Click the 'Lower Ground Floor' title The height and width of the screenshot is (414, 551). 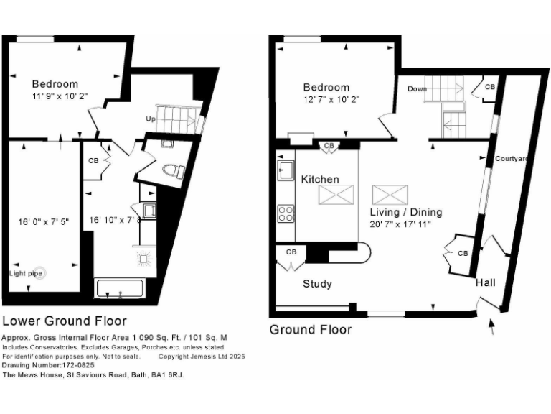tap(65, 321)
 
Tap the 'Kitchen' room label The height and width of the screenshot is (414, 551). tap(319, 179)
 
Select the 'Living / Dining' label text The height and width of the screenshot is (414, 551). tap(405, 212)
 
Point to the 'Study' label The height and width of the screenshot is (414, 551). tap(316, 284)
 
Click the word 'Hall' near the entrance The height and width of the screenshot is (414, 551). tap(486, 283)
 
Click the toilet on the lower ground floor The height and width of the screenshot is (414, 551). tap(173, 171)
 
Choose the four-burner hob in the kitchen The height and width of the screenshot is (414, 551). tap(285, 213)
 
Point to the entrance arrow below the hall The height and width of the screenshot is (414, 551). tap(491, 328)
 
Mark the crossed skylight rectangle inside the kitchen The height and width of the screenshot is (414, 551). tap(336, 194)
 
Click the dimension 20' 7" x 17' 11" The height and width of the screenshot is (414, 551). tap(405, 224)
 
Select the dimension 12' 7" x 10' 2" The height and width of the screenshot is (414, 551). tap(326, 99)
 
